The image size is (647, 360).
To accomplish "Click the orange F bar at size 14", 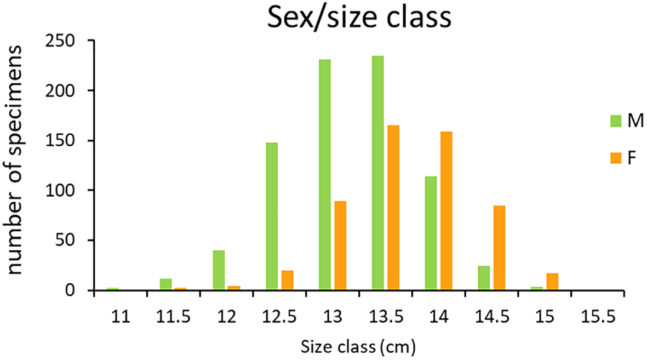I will (x=446, y=210).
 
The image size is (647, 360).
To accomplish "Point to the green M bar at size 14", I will (x=431, y=233).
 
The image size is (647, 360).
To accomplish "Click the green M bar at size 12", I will (x=219, y=270).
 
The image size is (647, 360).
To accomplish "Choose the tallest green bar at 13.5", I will (x=378, y=173).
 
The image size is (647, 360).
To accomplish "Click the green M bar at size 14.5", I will (x=484, y=278).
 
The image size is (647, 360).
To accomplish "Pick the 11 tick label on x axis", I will (x=121, y=316).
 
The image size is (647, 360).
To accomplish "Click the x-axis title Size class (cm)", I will (x=359, y=346).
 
